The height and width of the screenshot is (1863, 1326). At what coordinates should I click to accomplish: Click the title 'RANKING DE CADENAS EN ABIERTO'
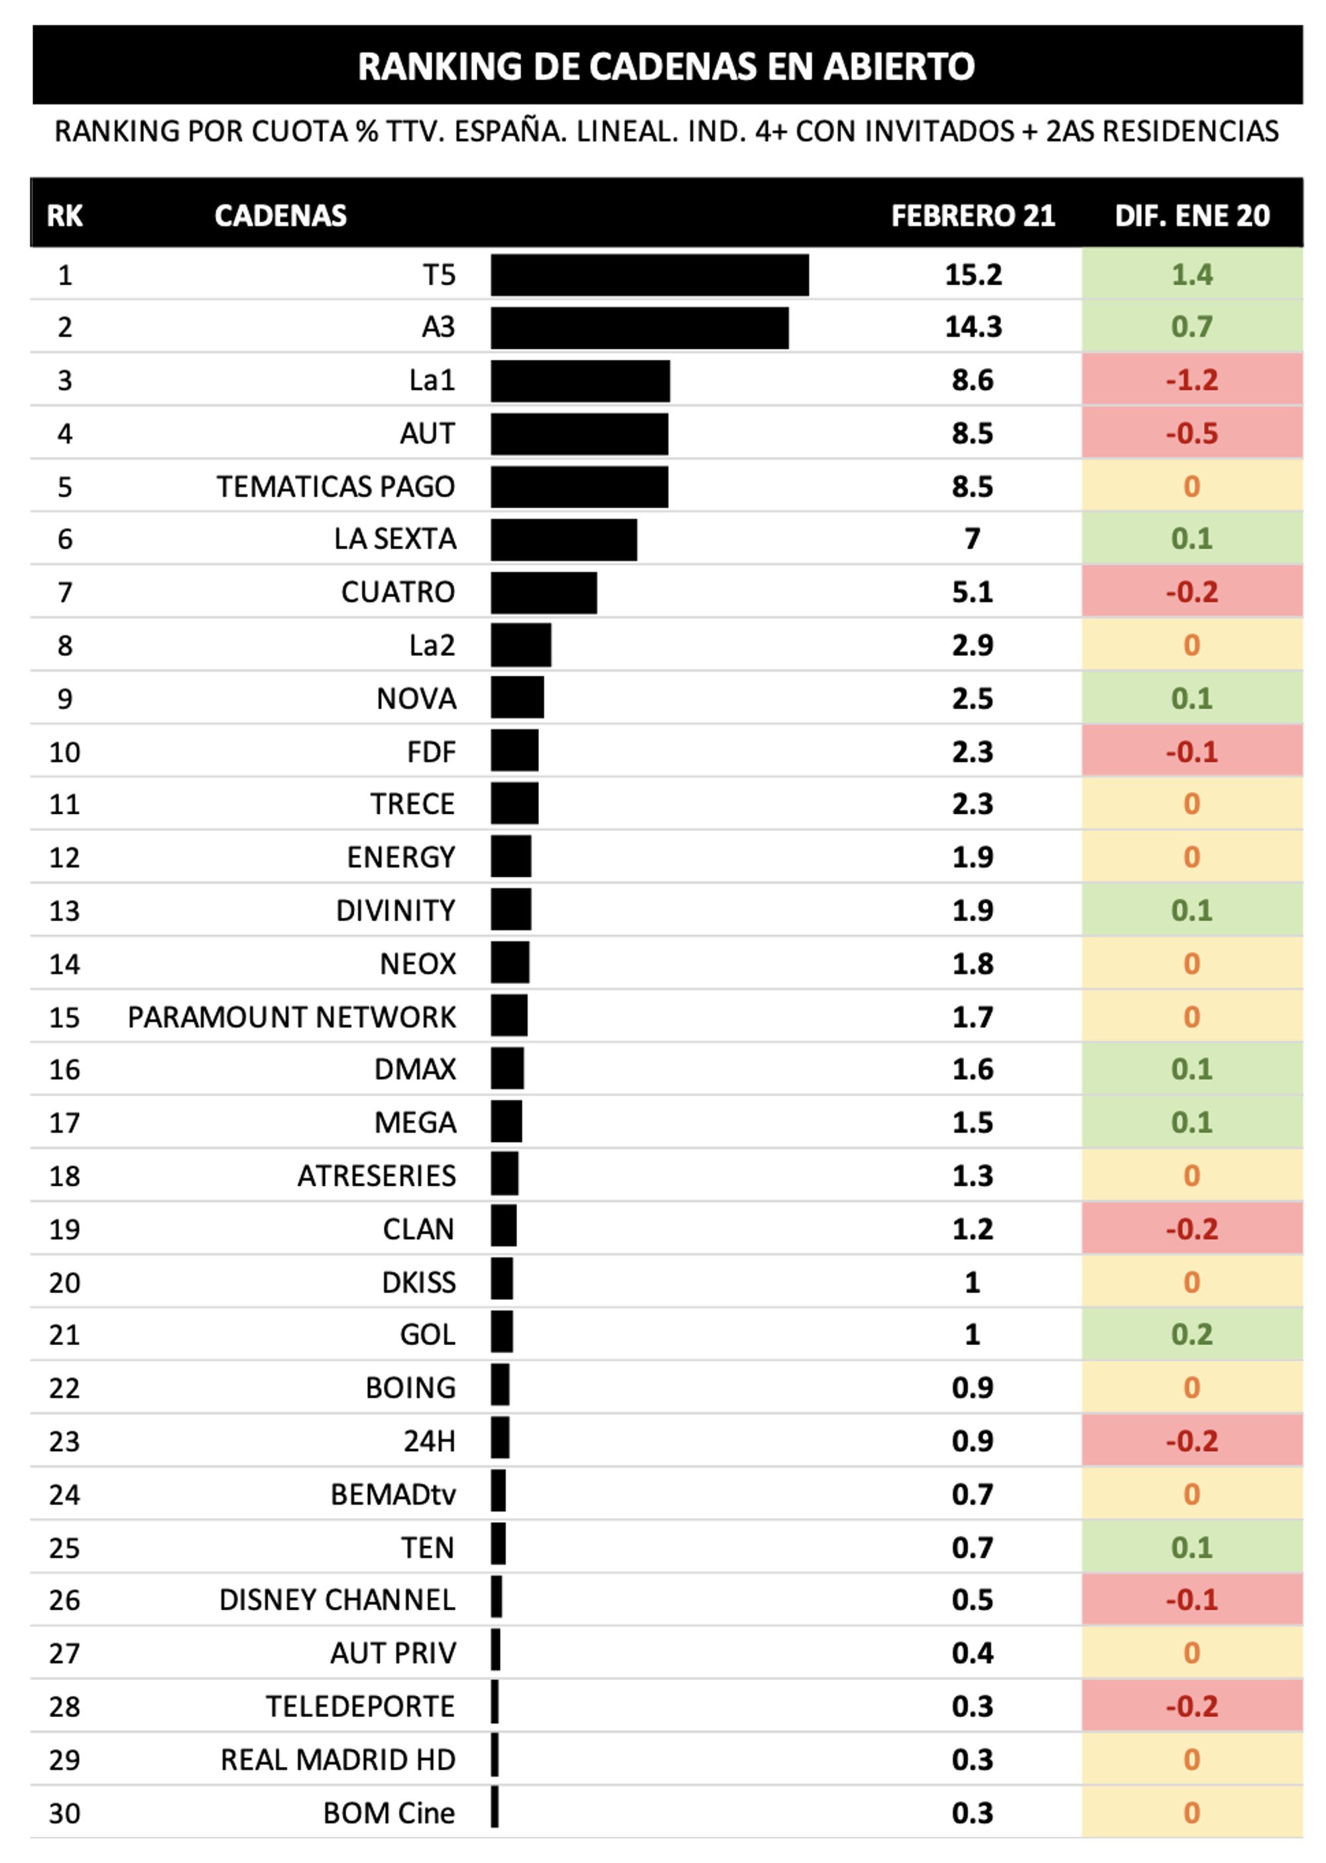(666, 66)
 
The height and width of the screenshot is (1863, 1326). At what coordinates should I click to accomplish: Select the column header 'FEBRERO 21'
(973, 216)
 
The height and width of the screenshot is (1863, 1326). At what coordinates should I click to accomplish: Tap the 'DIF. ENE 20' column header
(1192, 216)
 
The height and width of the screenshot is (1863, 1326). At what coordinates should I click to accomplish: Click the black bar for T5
(649, 275)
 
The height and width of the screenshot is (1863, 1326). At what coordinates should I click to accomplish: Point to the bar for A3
(639, 328)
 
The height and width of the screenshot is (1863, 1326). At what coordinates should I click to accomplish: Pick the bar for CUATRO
(543, 592)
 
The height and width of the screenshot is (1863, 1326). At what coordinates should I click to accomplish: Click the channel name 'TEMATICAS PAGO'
(335, 487)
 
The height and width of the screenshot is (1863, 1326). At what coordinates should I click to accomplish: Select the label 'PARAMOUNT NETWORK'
(292, 1017)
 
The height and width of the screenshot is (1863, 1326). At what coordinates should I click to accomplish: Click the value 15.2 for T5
(973, 275)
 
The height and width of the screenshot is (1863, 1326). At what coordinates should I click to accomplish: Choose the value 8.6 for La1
(973, 381)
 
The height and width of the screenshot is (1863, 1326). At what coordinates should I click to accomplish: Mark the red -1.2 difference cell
(1191, 381)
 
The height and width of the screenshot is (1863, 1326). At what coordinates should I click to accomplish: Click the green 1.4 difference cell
(1191, 275)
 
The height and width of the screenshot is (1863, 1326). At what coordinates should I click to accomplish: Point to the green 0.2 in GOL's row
(1191, 1334)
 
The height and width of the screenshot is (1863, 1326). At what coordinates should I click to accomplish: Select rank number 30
(64, 1813)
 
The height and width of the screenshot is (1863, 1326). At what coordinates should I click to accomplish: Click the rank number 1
(64, 275)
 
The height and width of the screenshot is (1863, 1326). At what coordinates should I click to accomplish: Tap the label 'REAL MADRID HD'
(337, 1760)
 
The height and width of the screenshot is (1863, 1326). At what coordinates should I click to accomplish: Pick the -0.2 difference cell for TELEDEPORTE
(1191, 1706)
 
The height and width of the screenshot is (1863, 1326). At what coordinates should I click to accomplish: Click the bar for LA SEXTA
(564, 540)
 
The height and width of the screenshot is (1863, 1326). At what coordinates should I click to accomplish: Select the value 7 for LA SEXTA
(972, 540)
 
